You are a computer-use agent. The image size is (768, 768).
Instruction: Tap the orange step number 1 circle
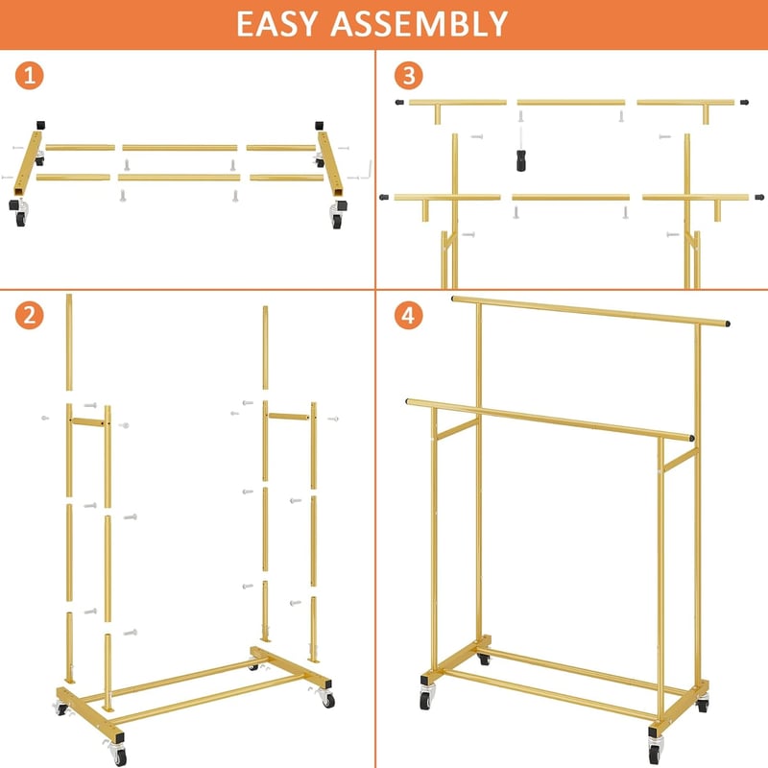(x=30, y=76)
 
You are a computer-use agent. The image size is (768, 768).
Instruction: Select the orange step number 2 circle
(x=30, y=315)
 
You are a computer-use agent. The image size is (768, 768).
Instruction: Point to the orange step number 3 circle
(x=409, y=76)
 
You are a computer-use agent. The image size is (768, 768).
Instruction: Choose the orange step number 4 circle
(x=409, y=315)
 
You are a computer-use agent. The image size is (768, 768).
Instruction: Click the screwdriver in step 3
(x=521, y=151)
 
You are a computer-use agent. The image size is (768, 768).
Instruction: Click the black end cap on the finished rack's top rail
(x=728, y=324)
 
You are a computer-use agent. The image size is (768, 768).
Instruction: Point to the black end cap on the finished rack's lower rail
(x=691, y=438)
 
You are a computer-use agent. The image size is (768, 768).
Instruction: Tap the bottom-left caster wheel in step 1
(x=20, y=217)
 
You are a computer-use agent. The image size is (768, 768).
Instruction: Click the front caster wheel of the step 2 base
(x=118, y=755)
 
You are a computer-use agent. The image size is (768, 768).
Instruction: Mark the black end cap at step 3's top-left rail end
(x=399, y=103)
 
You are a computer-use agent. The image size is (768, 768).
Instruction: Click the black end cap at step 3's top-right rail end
(x=744, y=103)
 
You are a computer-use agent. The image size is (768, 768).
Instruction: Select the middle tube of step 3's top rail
(x=571, y=103)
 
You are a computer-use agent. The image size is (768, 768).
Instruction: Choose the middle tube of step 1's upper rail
(x=180, y=148)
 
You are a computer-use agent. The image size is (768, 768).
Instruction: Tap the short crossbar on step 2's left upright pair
(x=88, y=421)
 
